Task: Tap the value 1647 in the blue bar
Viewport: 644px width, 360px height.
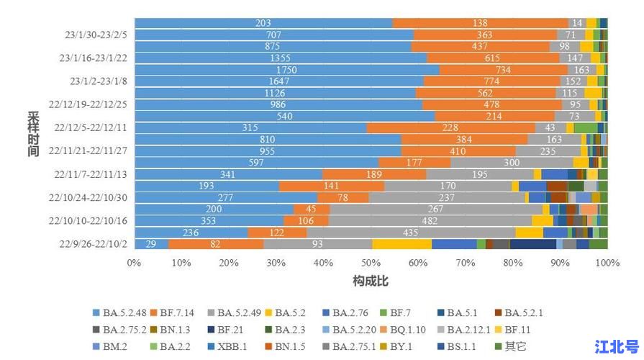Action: [x=278, y=81]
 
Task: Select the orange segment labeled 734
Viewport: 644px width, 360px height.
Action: [x=503, y=70]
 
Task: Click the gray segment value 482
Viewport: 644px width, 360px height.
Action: [x=430, y=220]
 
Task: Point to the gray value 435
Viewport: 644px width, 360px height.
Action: [x=411, y=233]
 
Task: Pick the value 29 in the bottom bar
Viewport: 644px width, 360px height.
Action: [x=151, y=244]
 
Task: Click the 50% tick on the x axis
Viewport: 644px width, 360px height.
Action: [x=371, y=263]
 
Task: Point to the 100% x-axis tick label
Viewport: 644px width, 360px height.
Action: [x=607, y=263]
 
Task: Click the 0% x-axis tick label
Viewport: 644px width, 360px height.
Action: [x=135, y=263]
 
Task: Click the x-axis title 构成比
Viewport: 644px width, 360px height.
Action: [x=371, y=279]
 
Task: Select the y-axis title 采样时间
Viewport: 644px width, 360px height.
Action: [x=33, y=134]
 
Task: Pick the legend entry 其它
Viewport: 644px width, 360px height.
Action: [x=514, y=346]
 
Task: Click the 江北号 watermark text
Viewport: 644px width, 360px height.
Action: [x=617, y=346]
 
